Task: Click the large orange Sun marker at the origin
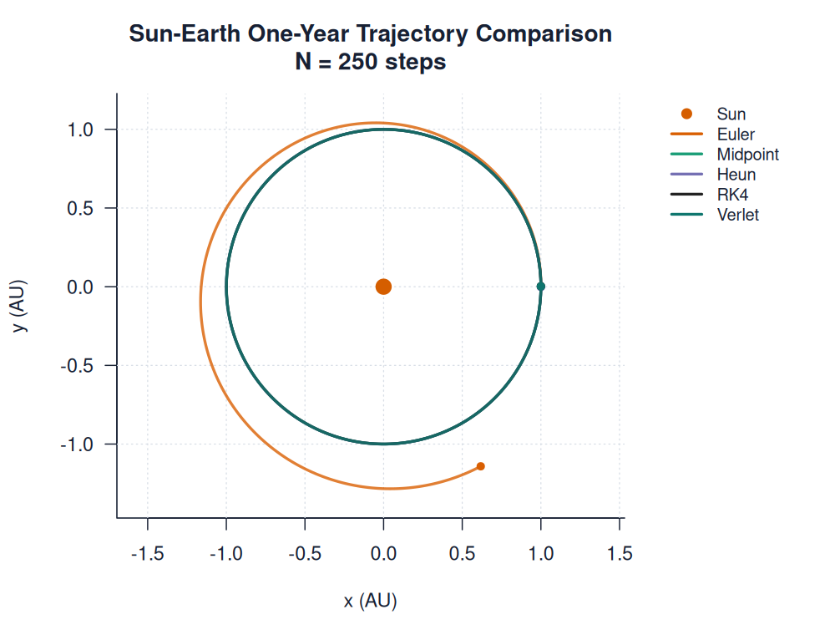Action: click(383, 287)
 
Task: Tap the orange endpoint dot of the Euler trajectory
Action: click(480, 466)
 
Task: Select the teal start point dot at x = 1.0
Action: click(541, 287)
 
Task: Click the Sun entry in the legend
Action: click(731, 114)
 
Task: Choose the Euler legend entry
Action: click(736, 135)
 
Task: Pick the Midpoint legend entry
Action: click(747, 155)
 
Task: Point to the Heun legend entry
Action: click(736, 175)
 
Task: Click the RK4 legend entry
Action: click(732, 195)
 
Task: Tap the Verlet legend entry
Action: click(737, 215)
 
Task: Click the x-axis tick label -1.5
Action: click(148, 554)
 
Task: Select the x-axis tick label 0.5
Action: click(462, 554)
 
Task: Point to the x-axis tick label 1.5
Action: click(619, 554)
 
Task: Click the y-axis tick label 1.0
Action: click(86, 130)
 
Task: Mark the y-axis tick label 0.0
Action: click(86, 287)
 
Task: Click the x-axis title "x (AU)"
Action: click(370, 601)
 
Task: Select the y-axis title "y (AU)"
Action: click(21, 306)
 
